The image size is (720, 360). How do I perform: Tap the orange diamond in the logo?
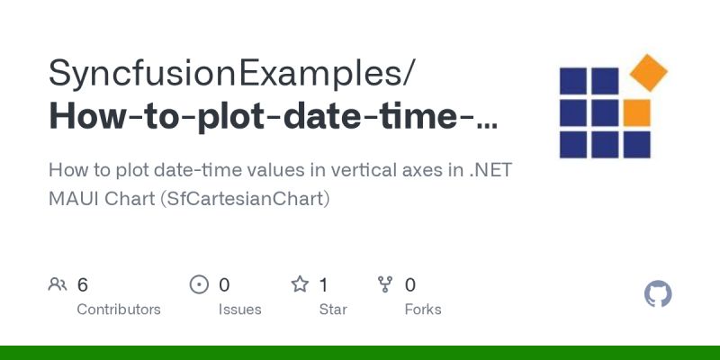click(x=647, y=73)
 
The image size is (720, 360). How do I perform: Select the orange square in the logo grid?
click(x=636, y=112)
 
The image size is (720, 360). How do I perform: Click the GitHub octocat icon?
click(x=659, y=294)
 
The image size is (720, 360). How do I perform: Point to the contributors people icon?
click(x=58, y=285)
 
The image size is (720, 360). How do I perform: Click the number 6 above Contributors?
click(x=83, y=285)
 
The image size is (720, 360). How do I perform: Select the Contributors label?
click(x=119, y=310)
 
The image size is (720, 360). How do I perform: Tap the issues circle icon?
click(x=199, y=285)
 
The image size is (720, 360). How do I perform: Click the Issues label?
click(x=239, y=310)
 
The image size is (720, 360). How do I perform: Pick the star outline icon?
click(x=300, y=285)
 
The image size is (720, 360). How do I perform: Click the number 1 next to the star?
click(x=324, y=285)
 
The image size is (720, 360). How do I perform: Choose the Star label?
click(x=334, y=310)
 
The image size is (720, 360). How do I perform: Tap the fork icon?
click(x=385, y=285)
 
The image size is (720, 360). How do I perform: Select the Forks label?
click(x=423, y=310)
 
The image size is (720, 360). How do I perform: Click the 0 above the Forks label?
click(x=410, y=285)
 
